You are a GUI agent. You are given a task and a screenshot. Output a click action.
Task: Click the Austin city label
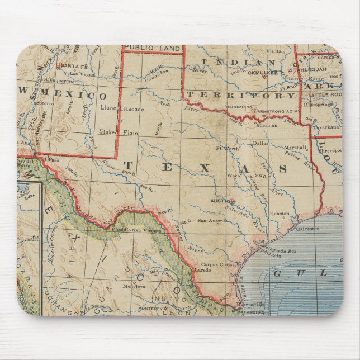click(219, 200)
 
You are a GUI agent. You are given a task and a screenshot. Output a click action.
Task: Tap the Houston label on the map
click(278, 213)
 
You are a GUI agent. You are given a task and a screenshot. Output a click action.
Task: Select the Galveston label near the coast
click(307, 228)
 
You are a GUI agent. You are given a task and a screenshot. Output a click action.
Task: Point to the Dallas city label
click(260, 143)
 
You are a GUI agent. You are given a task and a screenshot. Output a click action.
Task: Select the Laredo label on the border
click(201, 270)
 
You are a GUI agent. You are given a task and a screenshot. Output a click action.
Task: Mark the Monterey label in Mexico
click(150, 309)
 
